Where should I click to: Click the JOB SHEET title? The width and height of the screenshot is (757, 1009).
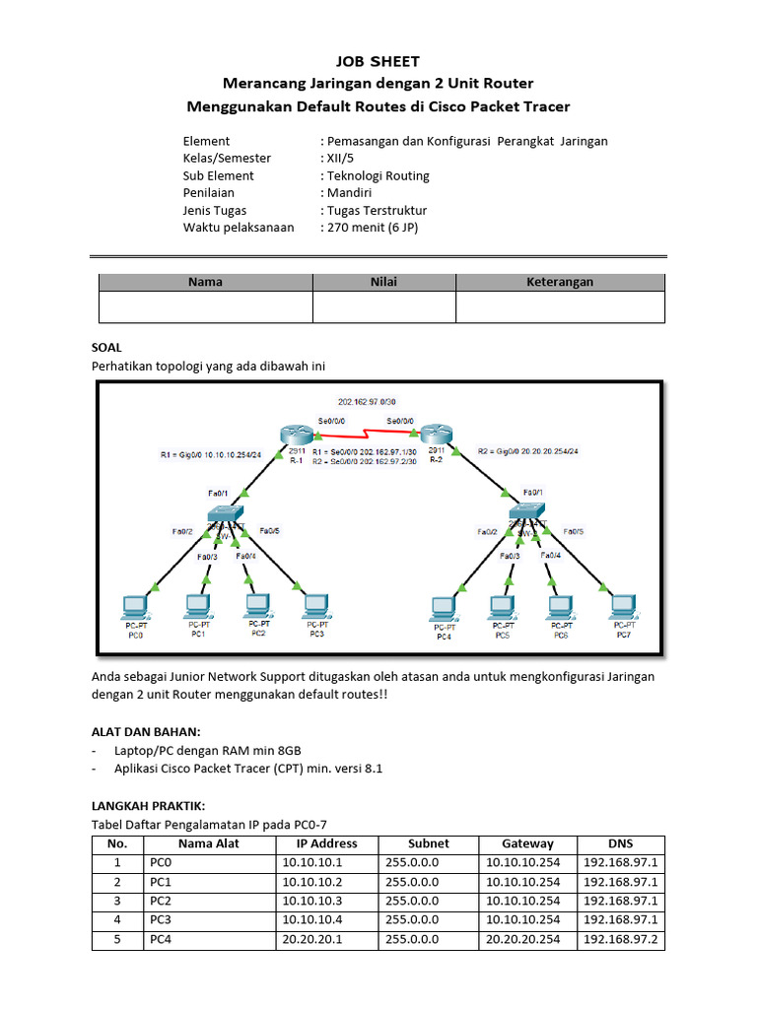point(378,61)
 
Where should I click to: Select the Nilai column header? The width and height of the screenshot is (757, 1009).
point(383,282)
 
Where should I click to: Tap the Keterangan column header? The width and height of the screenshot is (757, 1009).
point(560,282)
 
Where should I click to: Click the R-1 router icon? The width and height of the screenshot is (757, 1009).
point(294,435)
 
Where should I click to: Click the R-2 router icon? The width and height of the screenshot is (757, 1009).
point(434,435)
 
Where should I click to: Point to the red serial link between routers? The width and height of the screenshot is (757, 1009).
point(365,434)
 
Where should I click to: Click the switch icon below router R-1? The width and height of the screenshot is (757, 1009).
point(227,514)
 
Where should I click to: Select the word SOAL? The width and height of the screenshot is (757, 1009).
point(106,348)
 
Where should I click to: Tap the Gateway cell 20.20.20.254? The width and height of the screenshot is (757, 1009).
point(522,940)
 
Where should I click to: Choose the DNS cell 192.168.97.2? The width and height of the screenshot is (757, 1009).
point(621,940)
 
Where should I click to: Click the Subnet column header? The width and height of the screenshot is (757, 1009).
point(429,843)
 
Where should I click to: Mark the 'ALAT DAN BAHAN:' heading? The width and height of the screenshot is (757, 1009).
point(146,731)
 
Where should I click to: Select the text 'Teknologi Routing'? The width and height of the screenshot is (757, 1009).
point(378,175)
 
